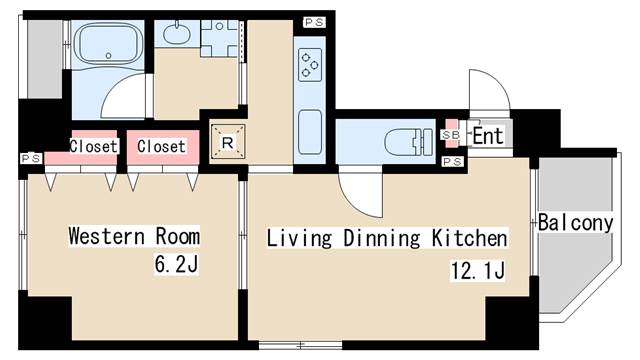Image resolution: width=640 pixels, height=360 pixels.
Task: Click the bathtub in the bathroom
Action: pyautogui.click(x=108, y=44)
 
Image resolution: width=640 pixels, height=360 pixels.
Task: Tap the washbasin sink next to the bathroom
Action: pyautogui.click(x=177, y=34)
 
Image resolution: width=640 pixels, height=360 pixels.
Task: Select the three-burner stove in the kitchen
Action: pyautogui.click(x=310, y=64)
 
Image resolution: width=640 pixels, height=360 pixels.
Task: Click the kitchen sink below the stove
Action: pyautogui.click(x=310, y=132)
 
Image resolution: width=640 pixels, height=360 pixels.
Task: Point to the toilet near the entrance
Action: pyautogui.click(x=409, y=142)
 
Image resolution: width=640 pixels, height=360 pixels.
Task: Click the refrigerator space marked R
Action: pyautogui.click(x=227, y=142)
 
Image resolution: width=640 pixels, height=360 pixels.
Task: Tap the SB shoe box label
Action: pyautogui.click(x=451, y=134)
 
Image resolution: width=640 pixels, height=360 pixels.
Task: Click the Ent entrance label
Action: pyautogui.click(x=487, y=136)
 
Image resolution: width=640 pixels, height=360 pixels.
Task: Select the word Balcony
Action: pyautogui.click(x=576, y=223)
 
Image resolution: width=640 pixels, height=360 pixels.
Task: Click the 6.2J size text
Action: pyautogui.click(x=176, y=264)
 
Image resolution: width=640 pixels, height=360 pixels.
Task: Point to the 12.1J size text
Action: pyautogui.click(x=478, y=270)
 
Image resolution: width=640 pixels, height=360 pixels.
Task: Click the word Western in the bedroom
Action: pyautogui.click(x=107, y=236)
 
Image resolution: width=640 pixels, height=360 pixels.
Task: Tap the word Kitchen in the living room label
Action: pyautogui.click(x=469, y=238)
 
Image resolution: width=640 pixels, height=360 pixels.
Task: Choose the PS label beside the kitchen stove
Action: pyautogui.click(x=314, y=22)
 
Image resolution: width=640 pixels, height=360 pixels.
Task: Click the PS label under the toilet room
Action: pyautogui.click(x=452, y=162)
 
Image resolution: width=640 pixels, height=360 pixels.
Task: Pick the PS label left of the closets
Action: pyautogui.click(x=31, y=158)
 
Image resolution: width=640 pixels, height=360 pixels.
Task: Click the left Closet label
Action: pyautogui.click(x=93, y=146)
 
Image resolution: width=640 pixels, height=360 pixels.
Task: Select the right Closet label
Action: pyautogui.click(x=161, y=146)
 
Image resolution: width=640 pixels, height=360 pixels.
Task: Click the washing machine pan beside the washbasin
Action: pyautogui.click(x=219, y=38)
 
